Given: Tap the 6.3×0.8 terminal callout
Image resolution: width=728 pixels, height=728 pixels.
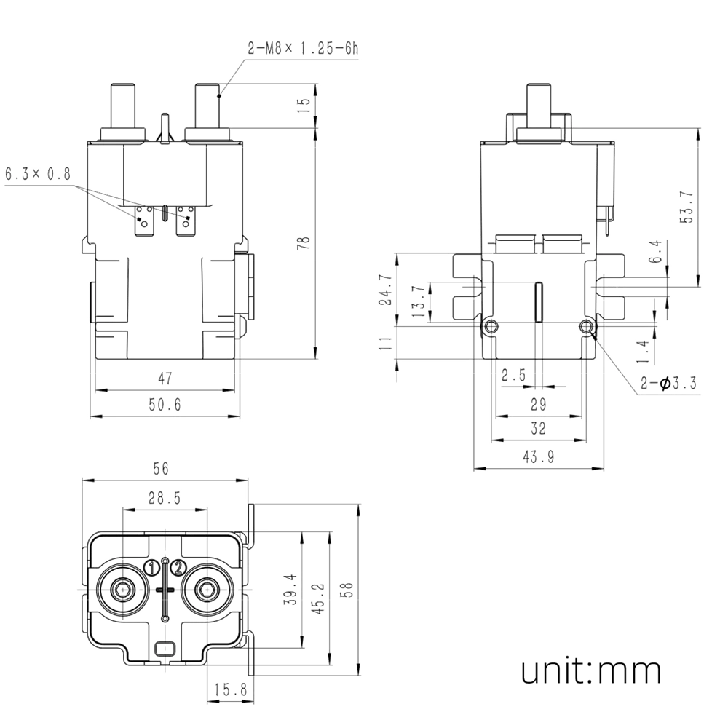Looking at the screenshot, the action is (x=38, y=175).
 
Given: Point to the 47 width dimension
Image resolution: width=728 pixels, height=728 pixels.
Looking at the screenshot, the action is (x=166, y=378).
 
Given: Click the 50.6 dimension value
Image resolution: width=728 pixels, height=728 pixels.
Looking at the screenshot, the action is (x=165, y=405).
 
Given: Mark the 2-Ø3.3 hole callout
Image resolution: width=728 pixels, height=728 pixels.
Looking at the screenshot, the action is (x=670, y=383).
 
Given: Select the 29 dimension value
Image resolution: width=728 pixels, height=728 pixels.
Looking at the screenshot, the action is (x=538, y=404).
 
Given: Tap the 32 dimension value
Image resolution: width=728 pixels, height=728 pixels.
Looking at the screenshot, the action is (x=538, y=429).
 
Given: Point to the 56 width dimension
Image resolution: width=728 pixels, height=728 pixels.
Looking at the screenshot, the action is (x=161, y=470).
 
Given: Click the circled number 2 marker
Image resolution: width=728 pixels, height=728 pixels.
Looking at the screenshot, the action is (x=179, y=567).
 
